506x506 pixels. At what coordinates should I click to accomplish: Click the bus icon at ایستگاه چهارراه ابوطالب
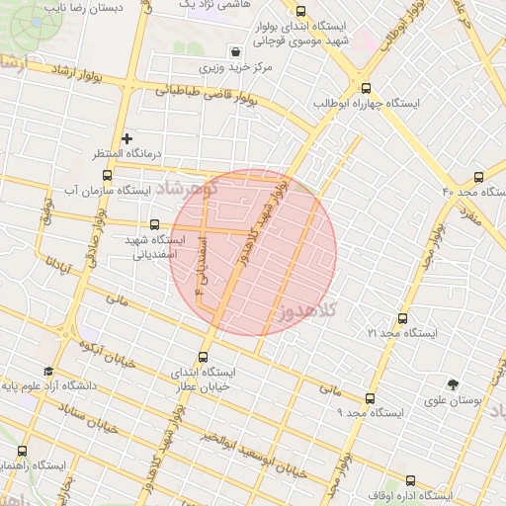[366, 87]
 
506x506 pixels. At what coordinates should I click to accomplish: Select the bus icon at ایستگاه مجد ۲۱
[401, 318]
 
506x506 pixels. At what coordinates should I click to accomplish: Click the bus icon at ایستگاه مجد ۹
[370, 397]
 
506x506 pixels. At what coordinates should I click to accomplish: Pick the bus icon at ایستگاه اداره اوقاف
[410, 480]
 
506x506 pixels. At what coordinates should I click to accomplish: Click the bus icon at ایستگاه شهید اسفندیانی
[153, 224]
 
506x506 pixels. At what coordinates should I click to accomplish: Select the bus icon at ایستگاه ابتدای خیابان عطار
[205, 357]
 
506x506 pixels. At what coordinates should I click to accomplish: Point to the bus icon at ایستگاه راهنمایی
[22, 450]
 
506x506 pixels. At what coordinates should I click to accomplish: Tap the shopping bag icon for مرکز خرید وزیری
[235, 51]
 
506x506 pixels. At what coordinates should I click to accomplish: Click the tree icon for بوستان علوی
[453, 383]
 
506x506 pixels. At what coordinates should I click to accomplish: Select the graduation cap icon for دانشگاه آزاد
[47, 371]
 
